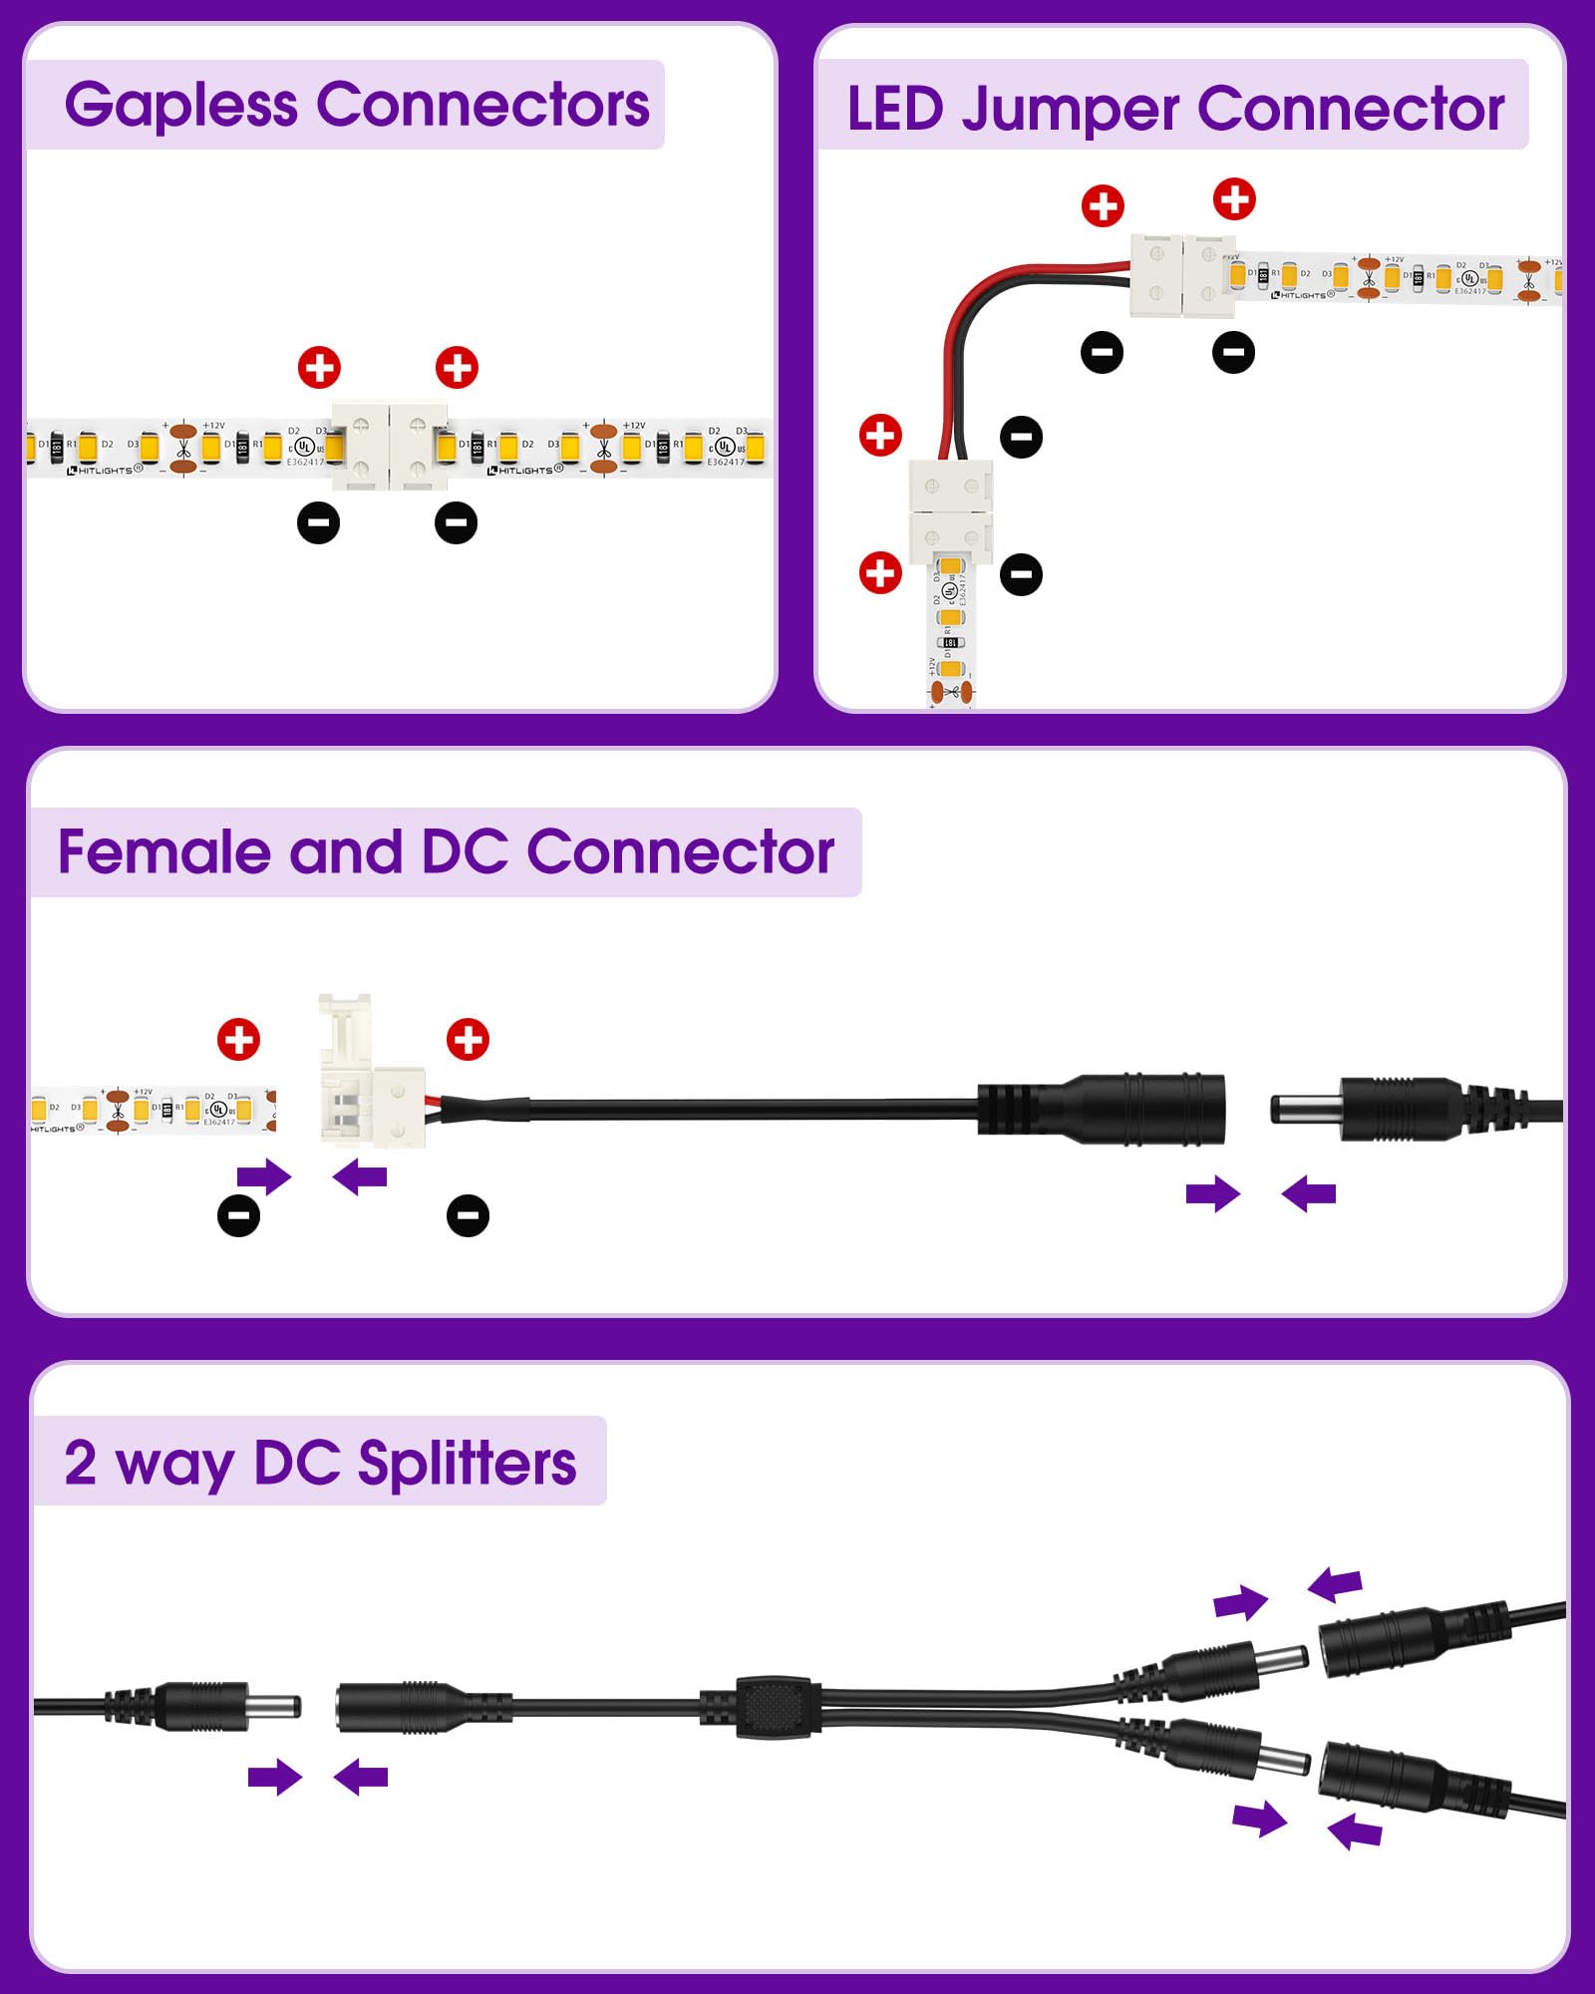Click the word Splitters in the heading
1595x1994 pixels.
pyautogui.click(x=467, y=1464)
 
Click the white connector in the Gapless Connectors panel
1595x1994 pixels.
pyautogui.click(x=389, y=446)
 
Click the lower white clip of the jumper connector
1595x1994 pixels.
pyautogui.click(x=950, y=510)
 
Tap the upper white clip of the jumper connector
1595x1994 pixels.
pyautogui.click(x=1182, y=275)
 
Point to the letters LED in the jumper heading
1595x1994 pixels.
pyautogui.click(x=894, y=110)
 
